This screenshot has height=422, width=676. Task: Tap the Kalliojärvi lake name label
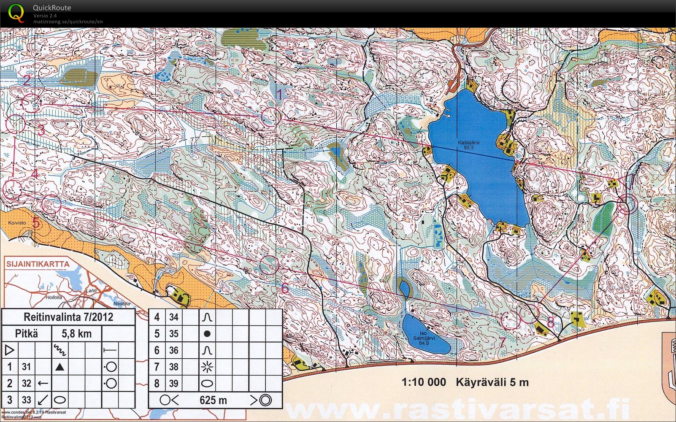pos(468,145)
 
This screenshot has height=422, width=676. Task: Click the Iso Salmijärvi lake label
pos(424,338)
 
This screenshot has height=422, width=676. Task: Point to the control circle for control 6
pos(269,265)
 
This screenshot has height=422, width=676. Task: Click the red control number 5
pos(36,222)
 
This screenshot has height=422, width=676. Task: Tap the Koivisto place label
pos(17,222)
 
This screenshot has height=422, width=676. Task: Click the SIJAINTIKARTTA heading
pos(38,264)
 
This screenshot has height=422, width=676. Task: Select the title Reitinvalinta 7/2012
pos(68,317)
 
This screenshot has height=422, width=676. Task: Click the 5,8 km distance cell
pos(76,334)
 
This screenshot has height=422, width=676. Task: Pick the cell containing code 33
pos(27,400)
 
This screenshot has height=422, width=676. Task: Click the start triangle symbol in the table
pos(10,350)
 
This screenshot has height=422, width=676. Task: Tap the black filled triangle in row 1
pos(60,367)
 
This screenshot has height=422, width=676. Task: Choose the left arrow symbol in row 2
pos(43,383)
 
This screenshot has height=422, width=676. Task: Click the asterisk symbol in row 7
pos(207,367)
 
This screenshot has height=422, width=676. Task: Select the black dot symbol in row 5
pos(207,333)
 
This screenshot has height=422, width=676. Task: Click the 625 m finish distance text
pos(213,400)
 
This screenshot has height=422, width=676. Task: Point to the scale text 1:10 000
pos(424,382)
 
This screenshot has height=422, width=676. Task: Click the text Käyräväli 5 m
pos(492,382)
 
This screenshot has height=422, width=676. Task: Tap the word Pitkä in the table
pos(27,334)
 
